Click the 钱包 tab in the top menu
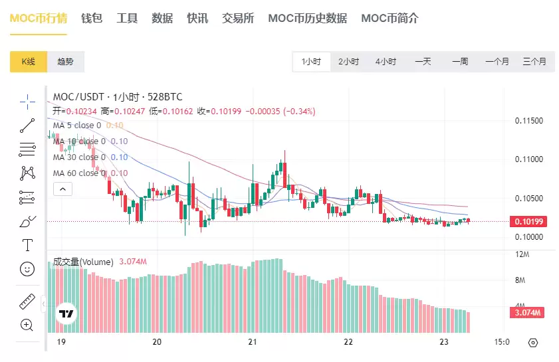pyautogui.click(x=92, y=18)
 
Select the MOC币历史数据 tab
pyautogui.click(x=307, y=18)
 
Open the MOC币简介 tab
pyautogui.click(x=390, y=18)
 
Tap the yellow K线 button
pyautogui.click(x=28, y=62)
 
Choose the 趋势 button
pyautogui.click(x=65, y=62)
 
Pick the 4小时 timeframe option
pyautogui.click(x=386, y=62)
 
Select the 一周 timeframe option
pyautogui.click(x=460, y=62)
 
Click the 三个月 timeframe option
pyautogui.click(x=534, y=62)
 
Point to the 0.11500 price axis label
pyautogui.click(x=529, y=121)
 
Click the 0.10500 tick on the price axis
pyautogui.click(x=529, y=199)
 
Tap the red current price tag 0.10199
pyautogui.click(x=529, y=221)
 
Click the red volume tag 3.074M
pyautogui.click(x=529, y=312)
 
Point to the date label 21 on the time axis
pyautogui.click(x=252, y=343)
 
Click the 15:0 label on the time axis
pyautogui.click(x=502, y=343)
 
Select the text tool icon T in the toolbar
pyautogui.click(x=27, y=245)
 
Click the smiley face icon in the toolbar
pyautogui.click(x=27, y=269)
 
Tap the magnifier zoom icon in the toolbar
pyautogui.click(x=27, y=325)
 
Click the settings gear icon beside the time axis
pyautogui.click(x=532, y=343)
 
